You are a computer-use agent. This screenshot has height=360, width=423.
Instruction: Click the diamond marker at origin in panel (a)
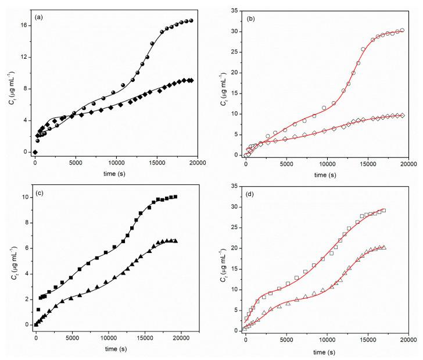35,152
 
